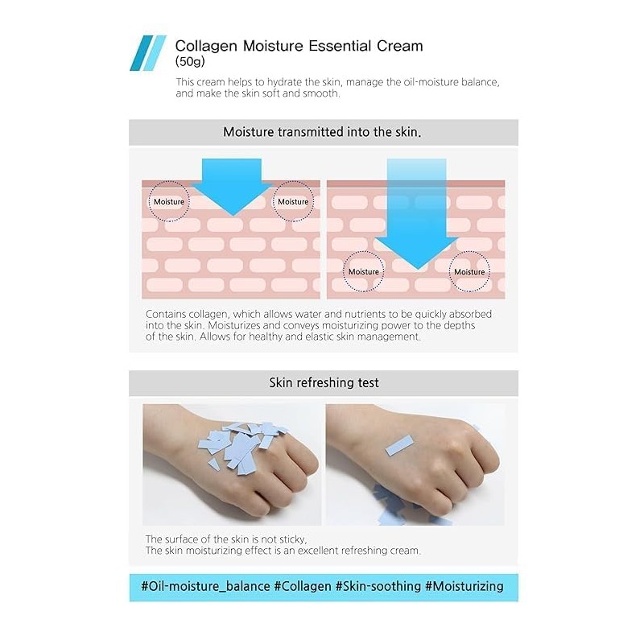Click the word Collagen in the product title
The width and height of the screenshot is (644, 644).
pos(204,46)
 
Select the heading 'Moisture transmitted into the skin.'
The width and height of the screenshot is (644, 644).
pos(322,132)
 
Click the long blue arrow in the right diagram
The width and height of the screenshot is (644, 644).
pos(416,213)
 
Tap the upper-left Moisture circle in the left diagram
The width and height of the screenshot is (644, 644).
pos(169,201)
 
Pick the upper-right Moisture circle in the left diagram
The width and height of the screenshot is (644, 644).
pos(293,201)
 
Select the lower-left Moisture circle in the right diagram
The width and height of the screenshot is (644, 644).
pos(364,271)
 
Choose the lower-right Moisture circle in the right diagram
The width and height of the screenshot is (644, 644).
pos(469,271)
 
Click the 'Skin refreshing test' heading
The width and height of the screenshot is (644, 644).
pos(323,383)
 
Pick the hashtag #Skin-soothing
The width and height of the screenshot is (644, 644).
pos(378,586)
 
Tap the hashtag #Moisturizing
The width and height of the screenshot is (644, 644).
pos(464,586)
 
